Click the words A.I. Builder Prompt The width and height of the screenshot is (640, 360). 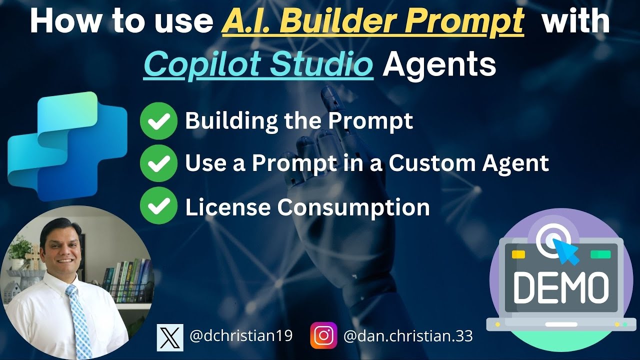pyautogui.click(x=372, y=23)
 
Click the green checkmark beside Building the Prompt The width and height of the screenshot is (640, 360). pyautogui.click(x=158, y=121)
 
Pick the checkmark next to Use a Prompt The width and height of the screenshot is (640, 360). pyautogui.click(x=158, y=163)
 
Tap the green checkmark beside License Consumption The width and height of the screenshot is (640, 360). pyautogui.click(x=158, y=206)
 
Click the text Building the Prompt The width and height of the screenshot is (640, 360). pyautogui.click(x=299, y=121)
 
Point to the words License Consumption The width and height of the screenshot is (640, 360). pyautogui.click(x=307, y=206)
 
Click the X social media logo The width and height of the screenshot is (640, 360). pyautogui.click(x=170, y=336)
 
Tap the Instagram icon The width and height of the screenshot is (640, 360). pyautogui.click(x=323, y=335)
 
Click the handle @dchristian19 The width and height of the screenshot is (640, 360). pyautogui.click(x=241, y=336)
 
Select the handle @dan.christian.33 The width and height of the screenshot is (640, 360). pyautogui.click(x=408, y=336)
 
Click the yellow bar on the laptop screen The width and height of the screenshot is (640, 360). pyautogui.click(x=518, y=254)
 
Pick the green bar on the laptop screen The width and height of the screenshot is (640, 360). pyautogui.click(x=600, y=254)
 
